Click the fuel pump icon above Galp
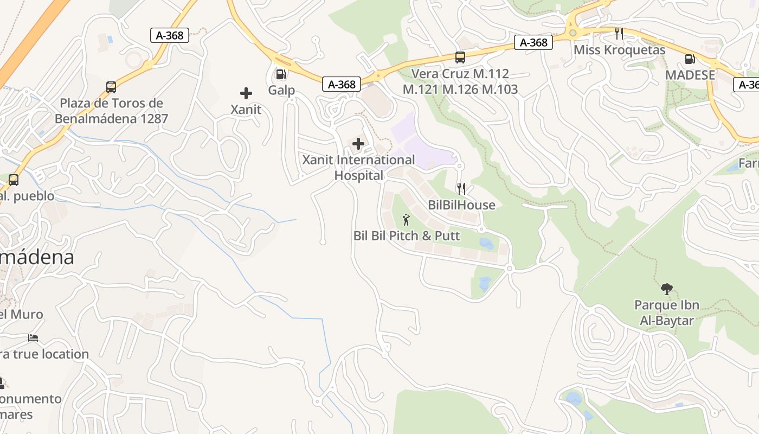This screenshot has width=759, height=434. click(281, 74)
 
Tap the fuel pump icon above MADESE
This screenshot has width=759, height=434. click(690, 59)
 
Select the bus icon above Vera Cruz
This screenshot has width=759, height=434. click(460, 57)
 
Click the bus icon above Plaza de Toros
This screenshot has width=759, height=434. click(111, 87)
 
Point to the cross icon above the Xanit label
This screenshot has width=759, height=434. click(246, 93)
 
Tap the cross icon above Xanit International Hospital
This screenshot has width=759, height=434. click(358, 144)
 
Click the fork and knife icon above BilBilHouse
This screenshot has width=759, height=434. click(461, 189)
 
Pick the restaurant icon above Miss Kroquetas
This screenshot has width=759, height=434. click(619, 34)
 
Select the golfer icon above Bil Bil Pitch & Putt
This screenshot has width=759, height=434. click(406, 220)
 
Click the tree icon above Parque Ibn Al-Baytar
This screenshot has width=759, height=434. click(666, 289)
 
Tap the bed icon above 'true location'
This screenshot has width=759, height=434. click(33, 338)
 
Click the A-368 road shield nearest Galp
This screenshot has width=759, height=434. click(342, 84)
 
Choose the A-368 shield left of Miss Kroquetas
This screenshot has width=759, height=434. click(533, 42)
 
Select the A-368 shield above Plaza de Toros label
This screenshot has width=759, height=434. click(170, 35)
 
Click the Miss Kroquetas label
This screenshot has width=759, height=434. click(619, 50)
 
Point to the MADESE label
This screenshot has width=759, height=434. click(690, 75)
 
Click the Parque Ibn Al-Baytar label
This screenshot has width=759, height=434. click(666, 313)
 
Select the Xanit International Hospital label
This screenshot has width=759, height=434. click(358, 168)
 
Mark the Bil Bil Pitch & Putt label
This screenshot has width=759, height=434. click(406, 236)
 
